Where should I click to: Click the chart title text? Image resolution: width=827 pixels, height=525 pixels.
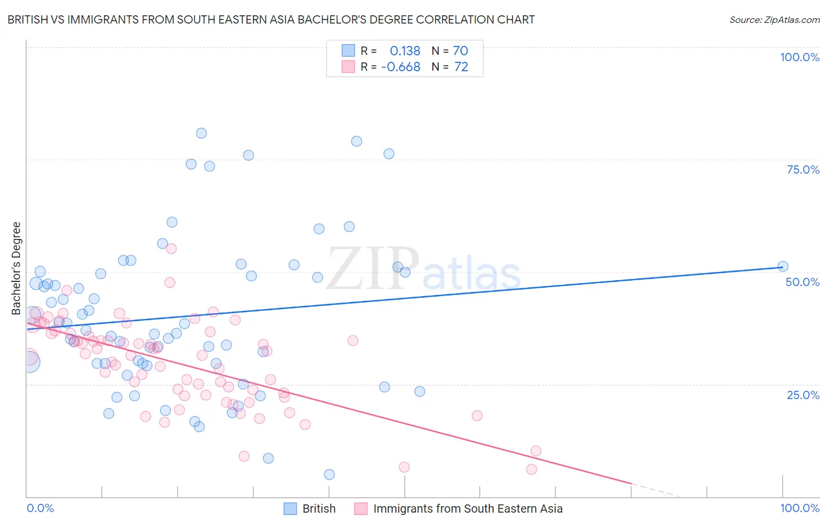tap(271, 19)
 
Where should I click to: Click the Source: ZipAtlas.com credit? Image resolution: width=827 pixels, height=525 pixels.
tap(774, 20)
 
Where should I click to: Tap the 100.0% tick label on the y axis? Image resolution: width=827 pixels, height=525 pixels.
tap(799, 57)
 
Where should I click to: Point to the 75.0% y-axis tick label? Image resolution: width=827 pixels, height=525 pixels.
tap(803, 170)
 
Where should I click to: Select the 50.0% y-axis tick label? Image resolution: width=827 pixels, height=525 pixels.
tap(802, 282)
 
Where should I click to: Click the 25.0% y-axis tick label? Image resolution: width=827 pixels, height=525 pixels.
tap(803, 395)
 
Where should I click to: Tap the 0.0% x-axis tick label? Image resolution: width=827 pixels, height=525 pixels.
tap(40, 508)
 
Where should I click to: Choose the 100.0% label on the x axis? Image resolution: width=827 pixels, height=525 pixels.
tap(799, 508)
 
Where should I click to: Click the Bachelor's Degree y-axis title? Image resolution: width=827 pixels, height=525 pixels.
tap(16, 268)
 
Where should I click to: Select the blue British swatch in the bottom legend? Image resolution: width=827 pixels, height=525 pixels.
tap(290, 509)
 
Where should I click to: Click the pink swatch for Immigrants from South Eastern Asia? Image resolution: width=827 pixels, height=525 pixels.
tap(361, 509)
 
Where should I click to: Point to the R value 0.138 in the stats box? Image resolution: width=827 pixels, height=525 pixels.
tap(405, 51)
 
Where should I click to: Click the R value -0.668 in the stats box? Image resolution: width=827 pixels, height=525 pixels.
tap(401, 67)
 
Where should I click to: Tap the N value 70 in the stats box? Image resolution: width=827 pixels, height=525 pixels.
tap(461, 51)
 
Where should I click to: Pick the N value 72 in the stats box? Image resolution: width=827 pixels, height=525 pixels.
tap(461, 67)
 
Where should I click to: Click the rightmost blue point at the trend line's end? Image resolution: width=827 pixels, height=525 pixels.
tap(783, 266)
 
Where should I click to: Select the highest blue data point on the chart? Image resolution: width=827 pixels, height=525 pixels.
tap(201, 133)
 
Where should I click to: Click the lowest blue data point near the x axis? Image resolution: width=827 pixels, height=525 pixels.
tap(329, 474)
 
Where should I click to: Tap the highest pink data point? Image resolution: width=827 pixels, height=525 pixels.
tap(171, 248)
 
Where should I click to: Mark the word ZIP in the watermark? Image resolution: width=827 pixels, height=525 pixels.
tap(373, 269)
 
